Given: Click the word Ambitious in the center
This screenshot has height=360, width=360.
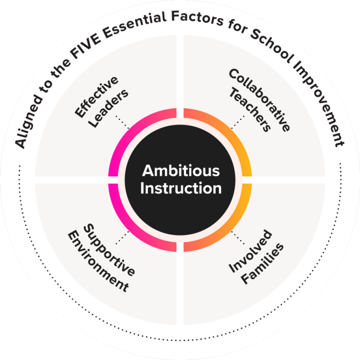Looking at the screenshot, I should tap(180, 171).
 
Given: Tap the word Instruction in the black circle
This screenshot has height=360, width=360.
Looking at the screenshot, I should tap(180, 188).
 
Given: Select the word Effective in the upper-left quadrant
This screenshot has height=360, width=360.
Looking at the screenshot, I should tap(97, 96).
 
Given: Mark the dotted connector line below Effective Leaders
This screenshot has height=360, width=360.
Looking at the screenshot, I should tap(122, 122).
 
